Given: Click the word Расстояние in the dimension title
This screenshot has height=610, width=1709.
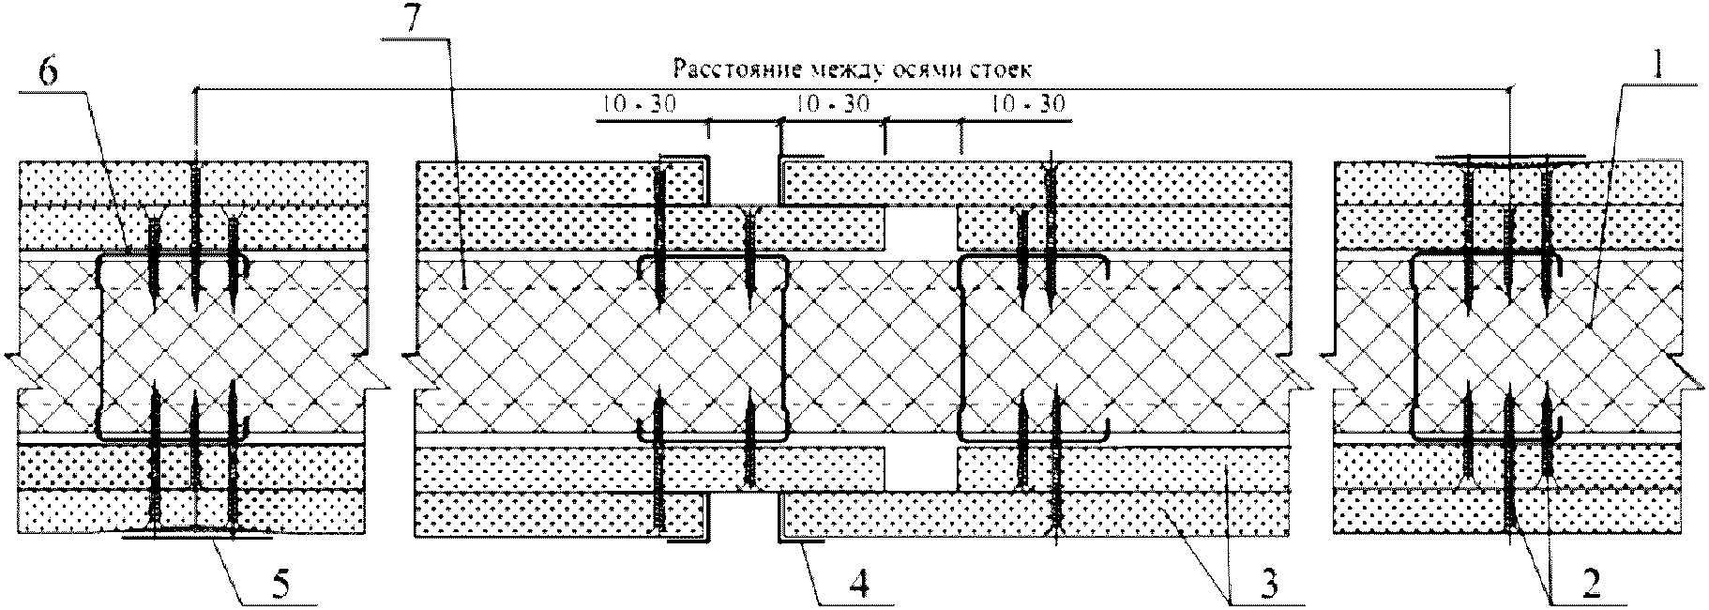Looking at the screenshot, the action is [719, 69].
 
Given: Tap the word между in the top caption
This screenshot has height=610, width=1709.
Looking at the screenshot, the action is [820, 69].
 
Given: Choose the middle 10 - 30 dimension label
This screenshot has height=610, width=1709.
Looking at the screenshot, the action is [829, 104].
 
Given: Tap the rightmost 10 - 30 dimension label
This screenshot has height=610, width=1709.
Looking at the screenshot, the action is [1028, 104].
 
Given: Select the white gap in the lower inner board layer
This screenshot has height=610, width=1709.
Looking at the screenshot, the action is [921, 467].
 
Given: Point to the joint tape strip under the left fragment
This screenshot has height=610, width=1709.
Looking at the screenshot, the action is [197, 535].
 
